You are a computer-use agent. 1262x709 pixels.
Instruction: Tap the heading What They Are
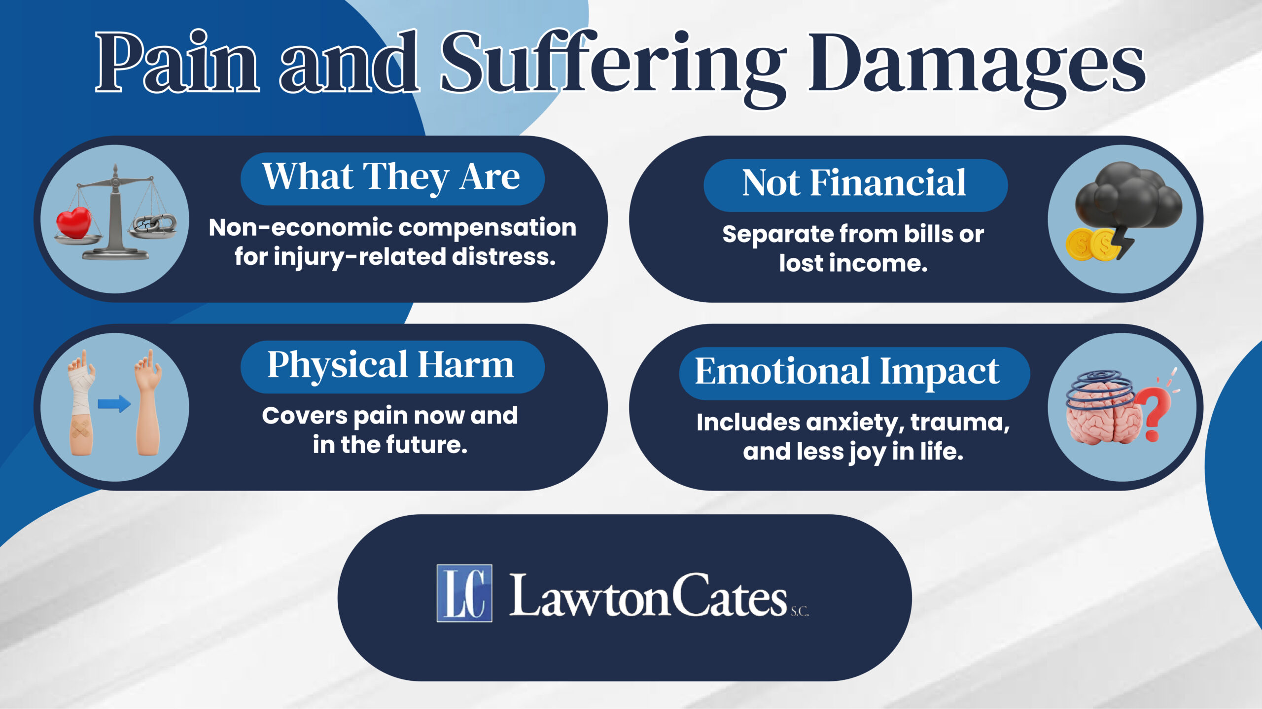391,177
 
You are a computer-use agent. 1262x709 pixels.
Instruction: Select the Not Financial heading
854,183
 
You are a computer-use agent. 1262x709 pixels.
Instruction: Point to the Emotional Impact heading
847,372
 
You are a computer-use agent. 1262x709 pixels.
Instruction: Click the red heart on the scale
74,223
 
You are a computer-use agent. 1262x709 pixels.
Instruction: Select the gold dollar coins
1089,245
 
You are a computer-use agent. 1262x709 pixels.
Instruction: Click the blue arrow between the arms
114,404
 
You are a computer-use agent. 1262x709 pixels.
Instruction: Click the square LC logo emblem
464,593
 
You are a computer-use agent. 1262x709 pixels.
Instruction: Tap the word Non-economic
300,228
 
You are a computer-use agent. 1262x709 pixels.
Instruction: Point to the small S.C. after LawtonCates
800,612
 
